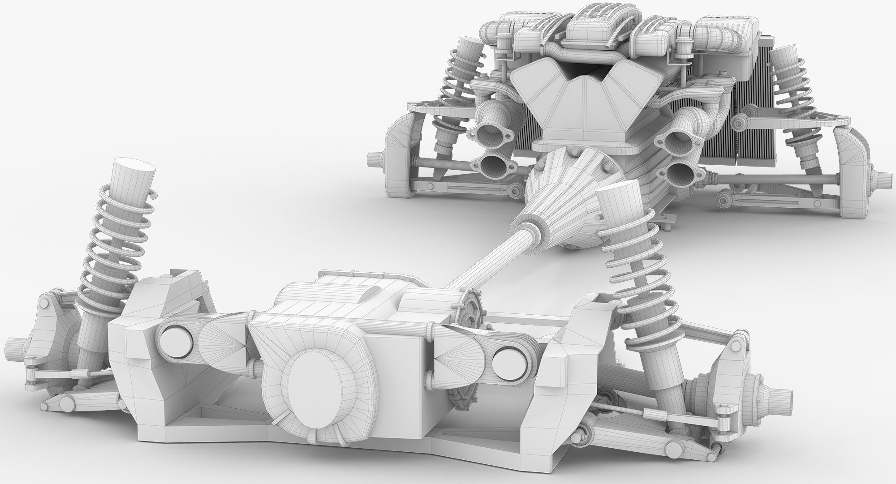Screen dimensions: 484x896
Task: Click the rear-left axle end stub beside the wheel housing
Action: coord(375,158)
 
